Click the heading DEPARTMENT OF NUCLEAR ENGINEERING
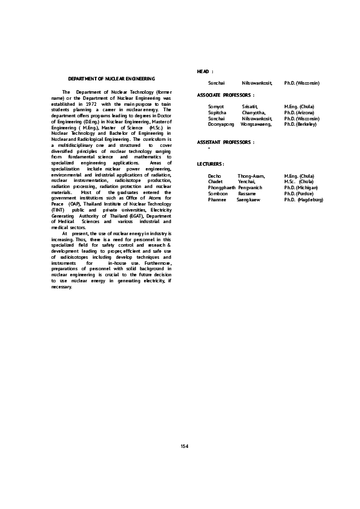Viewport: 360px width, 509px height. click(111, 79)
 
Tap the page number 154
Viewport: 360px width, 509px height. click(185, 446)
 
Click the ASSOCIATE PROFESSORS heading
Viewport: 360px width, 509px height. click(226, 95)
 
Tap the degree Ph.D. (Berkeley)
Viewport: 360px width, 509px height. click(300, 124)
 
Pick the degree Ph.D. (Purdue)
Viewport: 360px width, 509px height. click(299, 193)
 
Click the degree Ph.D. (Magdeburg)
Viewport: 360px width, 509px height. click(304, 199)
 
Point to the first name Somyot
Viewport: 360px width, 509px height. click(216, 106)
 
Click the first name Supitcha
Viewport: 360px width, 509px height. click(217, 112)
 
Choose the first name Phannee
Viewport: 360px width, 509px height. click(217, 199)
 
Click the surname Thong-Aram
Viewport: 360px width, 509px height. click(251, 176)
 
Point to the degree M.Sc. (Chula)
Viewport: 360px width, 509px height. click(299, 181)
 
